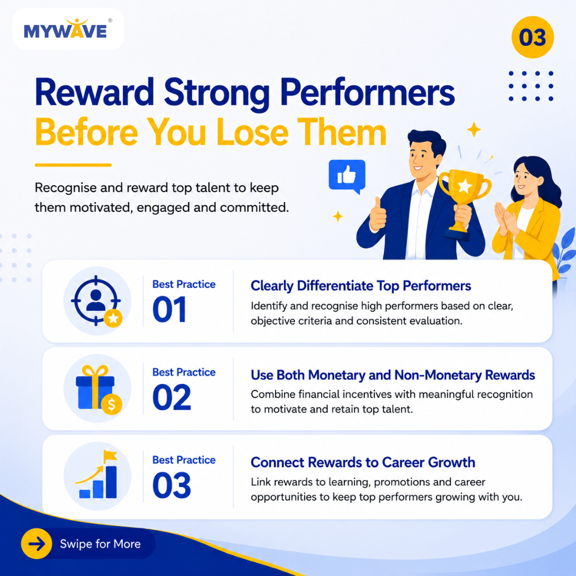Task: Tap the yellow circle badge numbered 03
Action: click(532, 37)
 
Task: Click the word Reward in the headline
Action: click(94, 93)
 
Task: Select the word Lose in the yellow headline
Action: click(252, 132)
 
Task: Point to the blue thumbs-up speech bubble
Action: click(347, 177)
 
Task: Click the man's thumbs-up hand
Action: click(377, 214)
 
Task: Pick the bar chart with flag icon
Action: click(97, 475)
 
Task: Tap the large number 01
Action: click(169, 310)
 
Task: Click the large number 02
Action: click(172, 397)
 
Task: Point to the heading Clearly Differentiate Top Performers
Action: click(361, 286)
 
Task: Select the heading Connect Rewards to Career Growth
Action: click(363, 462)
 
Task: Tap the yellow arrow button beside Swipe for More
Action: click(37, 543)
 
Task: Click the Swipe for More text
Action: click(100, 543)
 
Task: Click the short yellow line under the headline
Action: click(73, 165)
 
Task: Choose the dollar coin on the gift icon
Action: click(111, 404)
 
